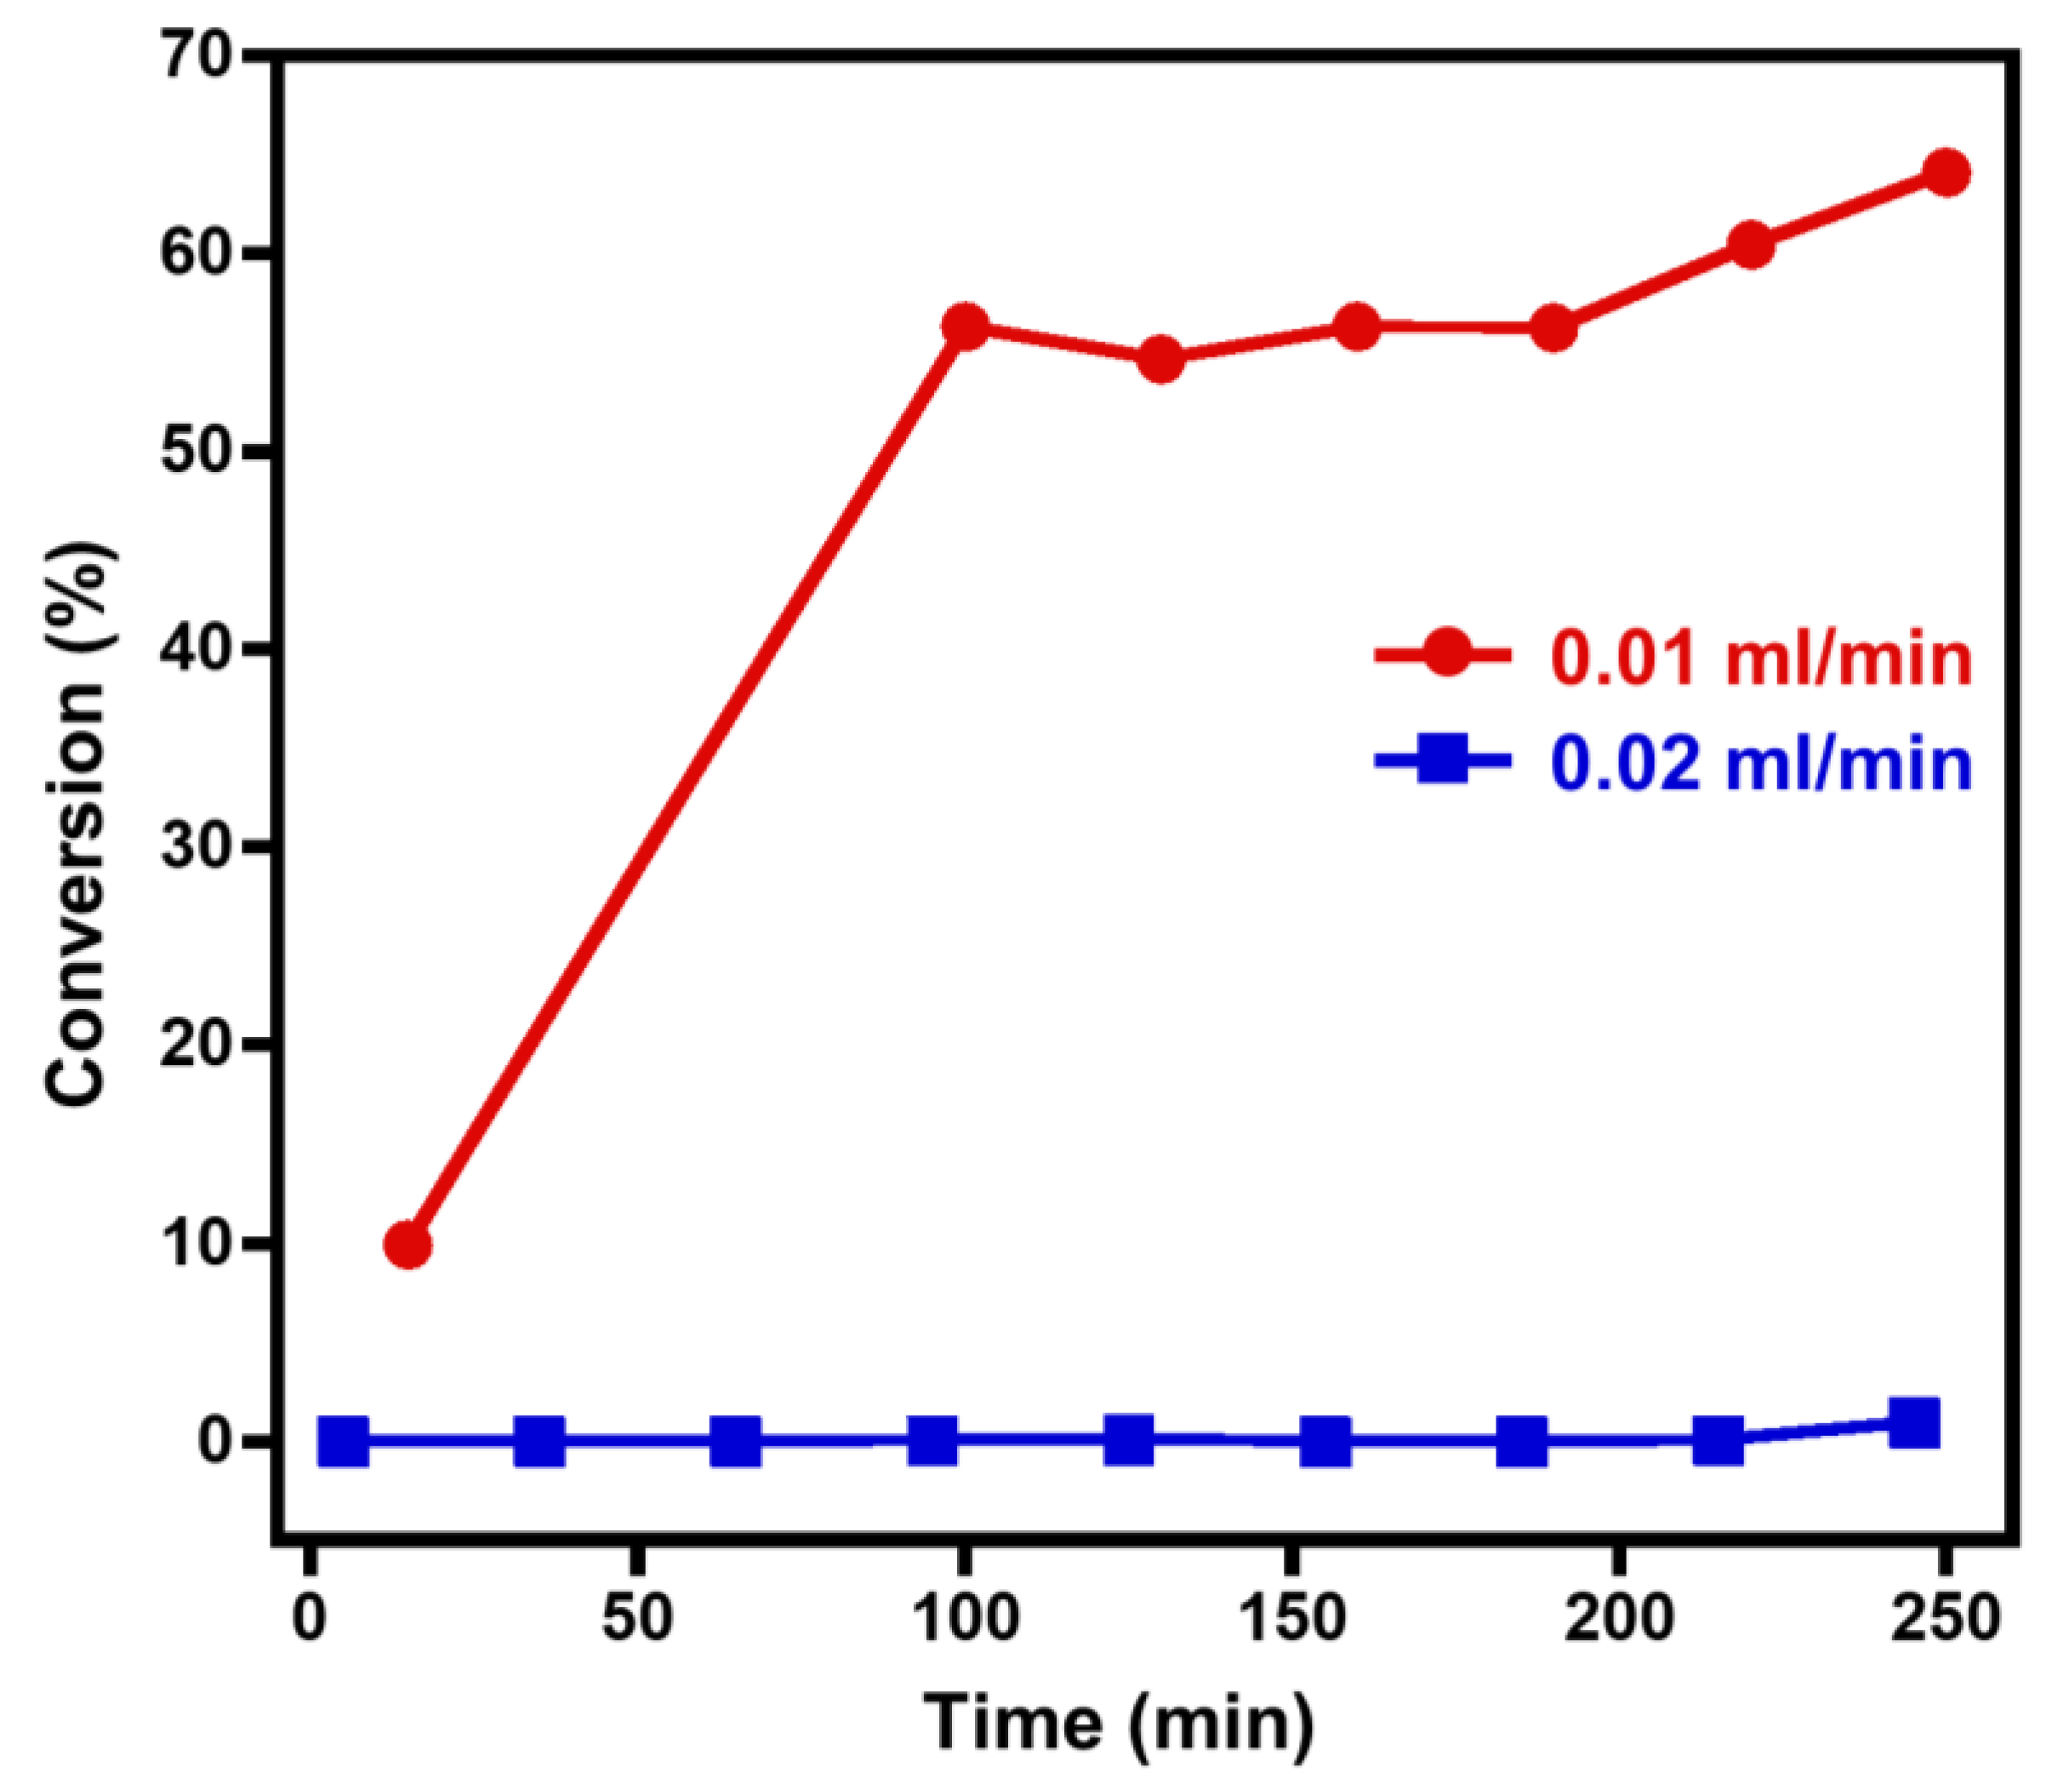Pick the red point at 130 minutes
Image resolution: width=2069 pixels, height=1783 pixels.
pos(1160,359)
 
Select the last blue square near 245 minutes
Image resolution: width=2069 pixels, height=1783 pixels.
pos(1914,1422)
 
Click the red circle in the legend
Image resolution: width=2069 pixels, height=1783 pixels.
pos(1445,655)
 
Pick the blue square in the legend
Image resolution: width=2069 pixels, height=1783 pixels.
pos(1443,760)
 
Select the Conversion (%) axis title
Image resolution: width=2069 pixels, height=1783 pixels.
pos(78,824)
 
